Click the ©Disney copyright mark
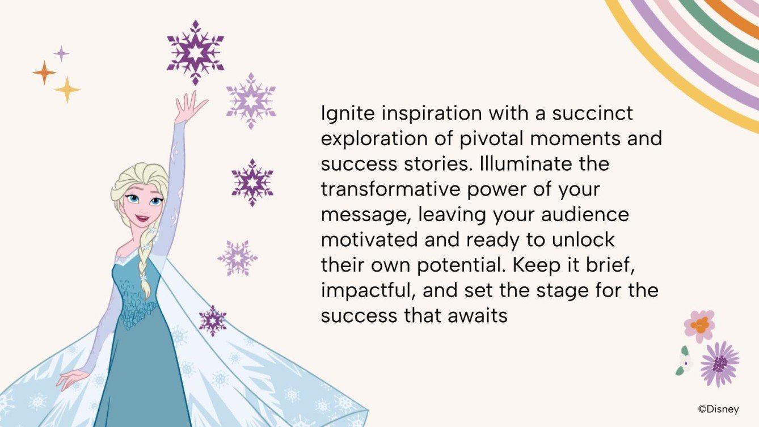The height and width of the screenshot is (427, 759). pyautogui.click(x=718, y=408)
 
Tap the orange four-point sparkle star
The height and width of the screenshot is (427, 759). pyautogui.click(x=44, y=73)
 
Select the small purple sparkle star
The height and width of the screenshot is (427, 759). pyautogui.click(x=61, y=54)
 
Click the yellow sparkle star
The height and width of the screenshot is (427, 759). pyautogui.click(x=67, y=90)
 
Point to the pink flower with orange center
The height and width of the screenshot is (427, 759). pyautogui.click(x=699, y=325)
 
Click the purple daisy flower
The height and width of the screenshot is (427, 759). pyautogui.click(x=719, y=363)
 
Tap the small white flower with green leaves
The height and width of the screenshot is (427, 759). pyautogui.click(x=685, y=363)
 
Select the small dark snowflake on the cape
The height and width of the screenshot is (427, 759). pyautogui.click(x=213, y=320)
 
